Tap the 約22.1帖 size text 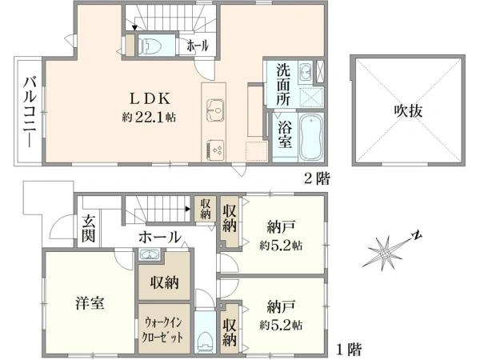pyautogui.click(x=149, y=117)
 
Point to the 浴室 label pyautogui.click(x=284, y=128)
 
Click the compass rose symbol pyautogui.click(x=386, y=254)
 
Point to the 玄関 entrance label pyautogui.click(x=88, y=229)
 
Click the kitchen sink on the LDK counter pyautogui.click(x=215, y=107)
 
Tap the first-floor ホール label pyautogui.click(x=159, y=237)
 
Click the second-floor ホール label pyautogui.click(x=197, y=46)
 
